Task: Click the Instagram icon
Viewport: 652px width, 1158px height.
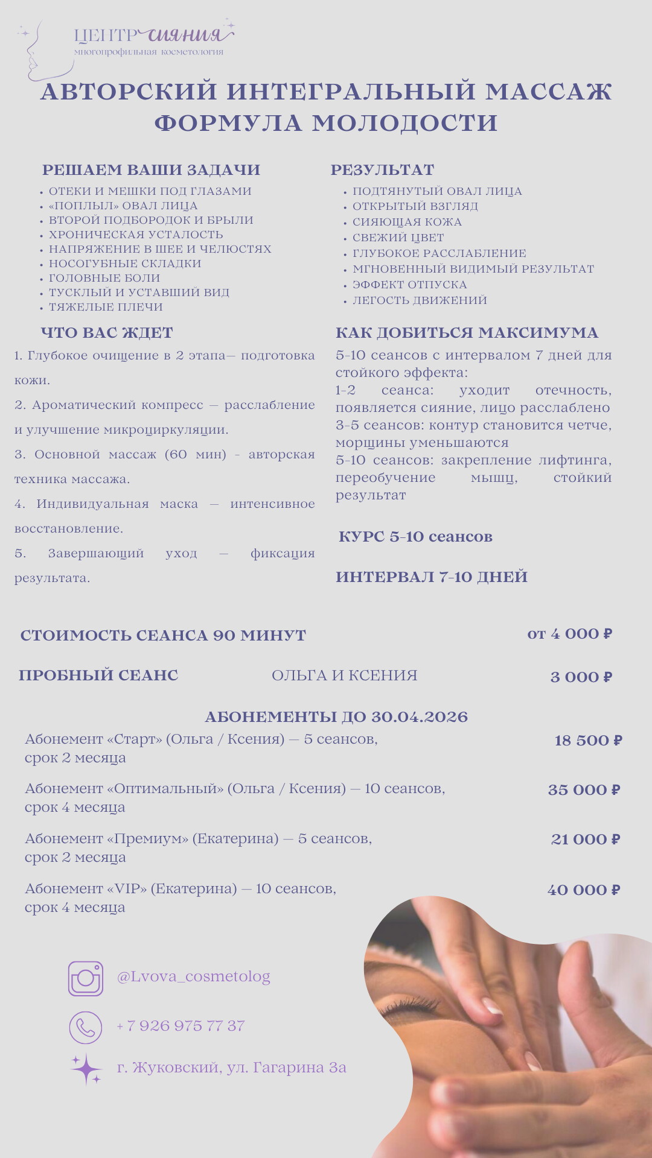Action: (x=85, y=978)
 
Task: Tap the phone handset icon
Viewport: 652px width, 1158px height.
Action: (x=85, y=1027)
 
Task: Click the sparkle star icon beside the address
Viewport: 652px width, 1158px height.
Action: (x=86, y=1069)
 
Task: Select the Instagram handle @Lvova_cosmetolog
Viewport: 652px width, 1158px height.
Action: (x=193, y=976)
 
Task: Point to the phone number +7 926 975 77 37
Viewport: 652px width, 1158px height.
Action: (x=181, y=1026)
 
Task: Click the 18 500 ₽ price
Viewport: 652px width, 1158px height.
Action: (x=588, y=741)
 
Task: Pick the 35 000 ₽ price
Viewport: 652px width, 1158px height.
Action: (x=584, y=790)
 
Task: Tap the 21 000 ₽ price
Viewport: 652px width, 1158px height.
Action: (x=585, y=840)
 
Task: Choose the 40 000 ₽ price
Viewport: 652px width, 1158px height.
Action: (x=583, y=890)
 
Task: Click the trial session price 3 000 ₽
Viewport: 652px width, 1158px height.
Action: (x=581, y=677)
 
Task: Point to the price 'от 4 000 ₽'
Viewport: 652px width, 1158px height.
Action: (x=569, y=634)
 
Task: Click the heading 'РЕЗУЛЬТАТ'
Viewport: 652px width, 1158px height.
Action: (x=382, y=170)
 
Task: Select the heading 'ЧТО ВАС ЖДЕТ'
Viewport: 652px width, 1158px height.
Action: (x=107, y=333)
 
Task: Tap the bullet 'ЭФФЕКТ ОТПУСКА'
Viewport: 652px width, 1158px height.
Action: (x=409, y=285)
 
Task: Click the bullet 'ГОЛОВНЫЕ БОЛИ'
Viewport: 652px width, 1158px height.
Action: (x=104, y=278)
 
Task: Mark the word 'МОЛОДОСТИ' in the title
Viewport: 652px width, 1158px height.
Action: (x=404, y=123)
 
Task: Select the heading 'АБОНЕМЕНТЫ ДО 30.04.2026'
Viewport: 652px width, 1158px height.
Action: (x=336, y=717)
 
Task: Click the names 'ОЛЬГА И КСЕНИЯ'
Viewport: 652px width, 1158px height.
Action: (x=344, y=675)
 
